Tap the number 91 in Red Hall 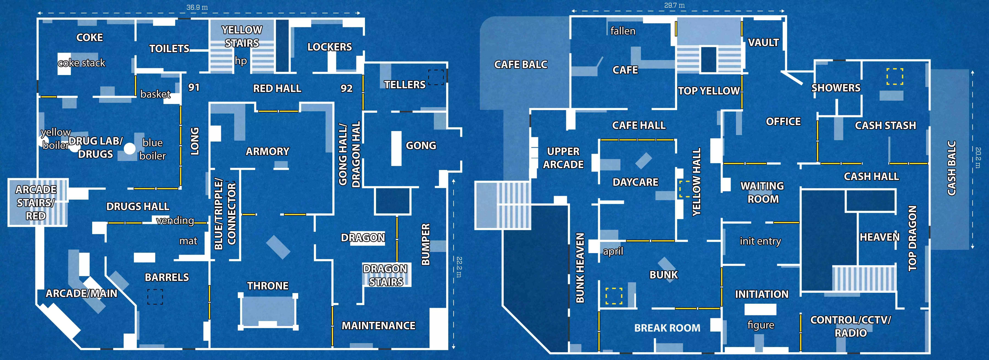pos(194,87)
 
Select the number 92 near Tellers pos(346,88)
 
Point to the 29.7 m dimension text pos(675,5)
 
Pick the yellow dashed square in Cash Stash pos(894,76)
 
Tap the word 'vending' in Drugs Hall pos(175,221)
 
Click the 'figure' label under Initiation pos(761,325)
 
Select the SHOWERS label pos(836,88)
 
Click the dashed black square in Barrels pos(155,297)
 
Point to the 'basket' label pos(155,94)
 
